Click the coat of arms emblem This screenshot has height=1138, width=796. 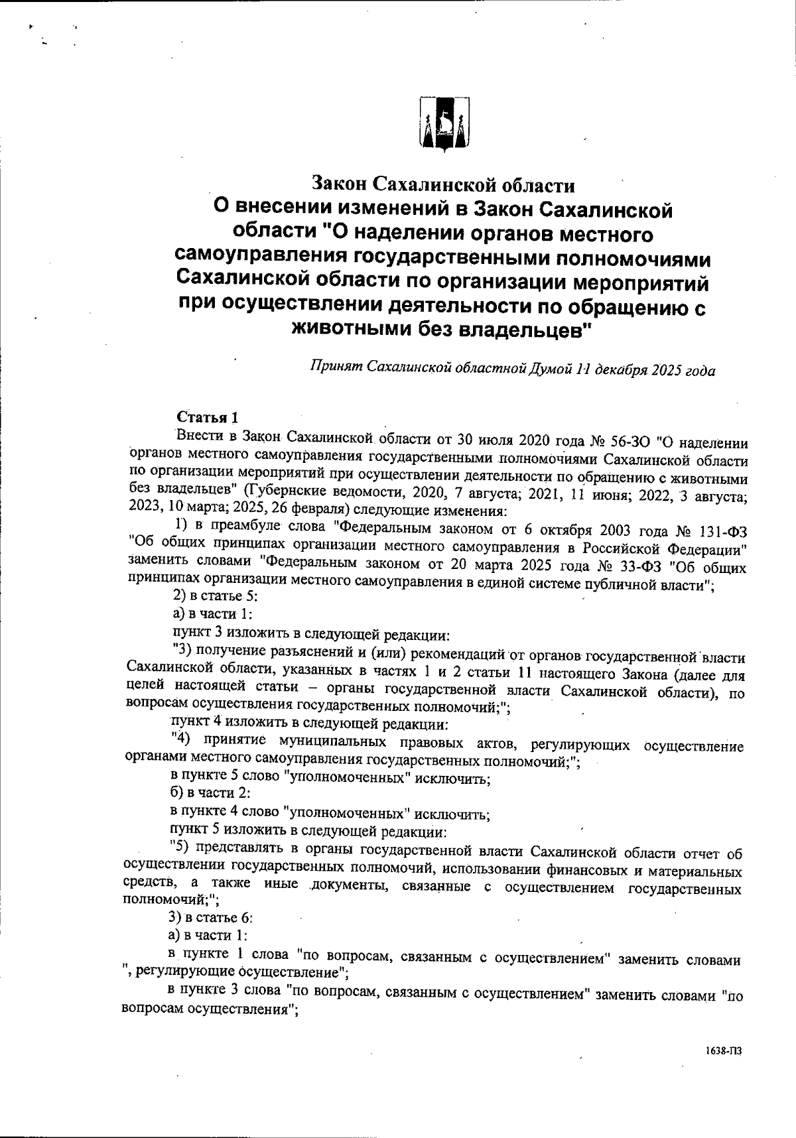pyautogui.click(x=444, y=123)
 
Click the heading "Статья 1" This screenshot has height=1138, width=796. pyautogui.click(x=207, y=417)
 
